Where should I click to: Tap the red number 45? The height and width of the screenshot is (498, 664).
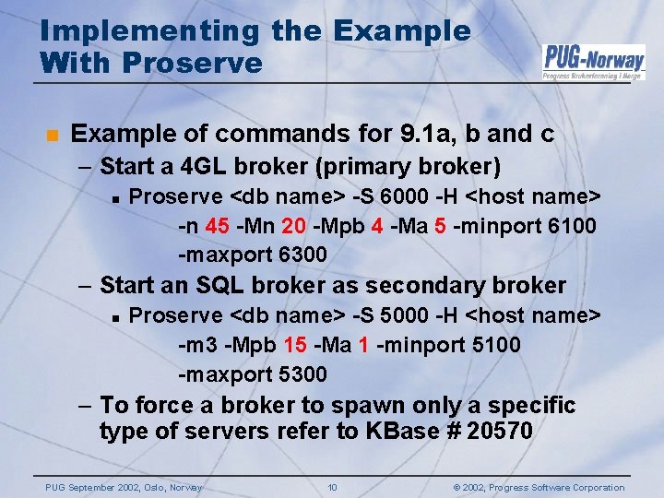coord(217,226)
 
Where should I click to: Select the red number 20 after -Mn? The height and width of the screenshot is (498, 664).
coord(295,226)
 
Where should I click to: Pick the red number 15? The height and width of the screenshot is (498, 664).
coord(295,346)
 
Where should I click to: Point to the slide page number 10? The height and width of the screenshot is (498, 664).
coord(332,487)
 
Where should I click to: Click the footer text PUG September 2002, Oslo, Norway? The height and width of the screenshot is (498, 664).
coord(124,487)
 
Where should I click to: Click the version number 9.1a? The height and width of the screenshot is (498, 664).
coord(426,135)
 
